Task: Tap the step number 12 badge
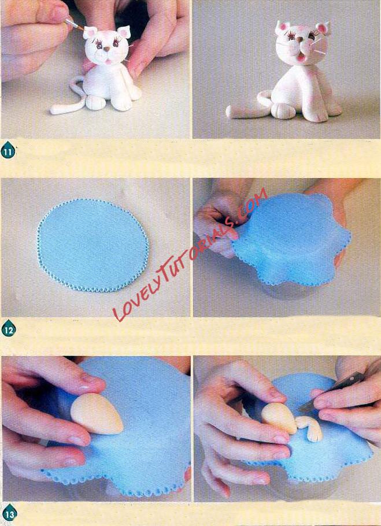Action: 9,329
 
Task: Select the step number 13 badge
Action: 9,514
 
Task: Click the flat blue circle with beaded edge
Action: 93,245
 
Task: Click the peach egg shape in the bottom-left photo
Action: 96,414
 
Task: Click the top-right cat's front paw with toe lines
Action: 283,111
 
